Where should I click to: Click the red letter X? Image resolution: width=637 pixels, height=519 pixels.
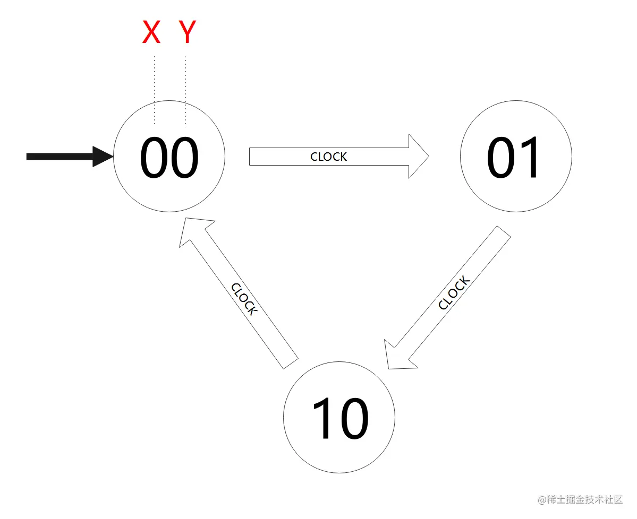pyautogui.click(x=151, y=32)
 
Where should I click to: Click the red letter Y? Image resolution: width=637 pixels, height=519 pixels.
pyautogui.click(x=187, y=32)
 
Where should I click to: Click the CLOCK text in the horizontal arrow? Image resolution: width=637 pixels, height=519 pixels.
pyautogui.click(x=329, y=157)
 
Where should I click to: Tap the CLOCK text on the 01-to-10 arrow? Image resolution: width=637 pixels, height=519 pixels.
pyautogui.click(x=454, y=293)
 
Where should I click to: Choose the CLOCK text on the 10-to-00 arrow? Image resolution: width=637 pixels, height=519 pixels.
pyautogui.click(x=244, y=299)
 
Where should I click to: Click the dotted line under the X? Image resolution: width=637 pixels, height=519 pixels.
pyautogui.click(x=154, y=90)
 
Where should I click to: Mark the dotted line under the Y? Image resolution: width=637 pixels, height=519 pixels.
pyautogui.click(x=185, y=90)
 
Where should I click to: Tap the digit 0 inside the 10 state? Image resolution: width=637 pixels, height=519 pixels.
pyautogui.click(x=354, y=419)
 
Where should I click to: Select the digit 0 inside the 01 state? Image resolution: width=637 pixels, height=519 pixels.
pyautogui.click(x=501, y=158)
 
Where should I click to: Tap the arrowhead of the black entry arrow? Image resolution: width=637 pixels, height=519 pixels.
pyautogui.click(x=103, y=156)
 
